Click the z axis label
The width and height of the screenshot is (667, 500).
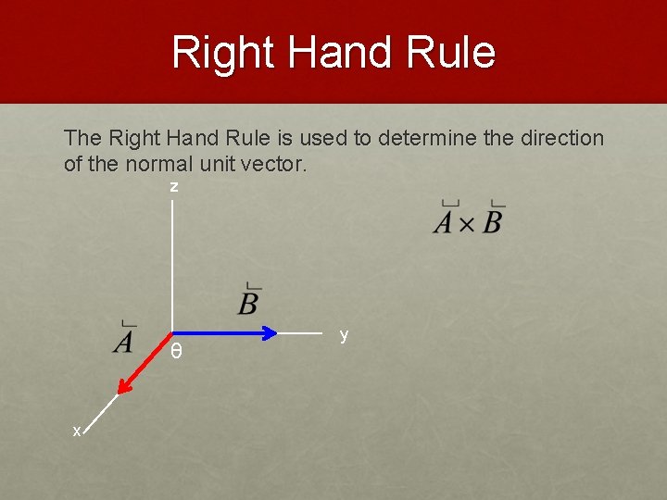point(173,187)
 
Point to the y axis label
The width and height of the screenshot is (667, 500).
point(344,335)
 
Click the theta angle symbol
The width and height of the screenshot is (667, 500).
point(176,352)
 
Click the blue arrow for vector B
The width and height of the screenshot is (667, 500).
point(222,332)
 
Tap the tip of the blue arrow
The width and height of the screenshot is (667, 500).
point(277,332)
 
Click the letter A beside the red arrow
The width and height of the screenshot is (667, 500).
point(123,341)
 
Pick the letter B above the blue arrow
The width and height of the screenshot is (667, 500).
point(248,302)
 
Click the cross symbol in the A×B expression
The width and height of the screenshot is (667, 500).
point(468,223)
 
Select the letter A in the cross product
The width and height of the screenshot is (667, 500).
point(445,221)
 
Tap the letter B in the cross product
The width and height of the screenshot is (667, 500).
point(492,221)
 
